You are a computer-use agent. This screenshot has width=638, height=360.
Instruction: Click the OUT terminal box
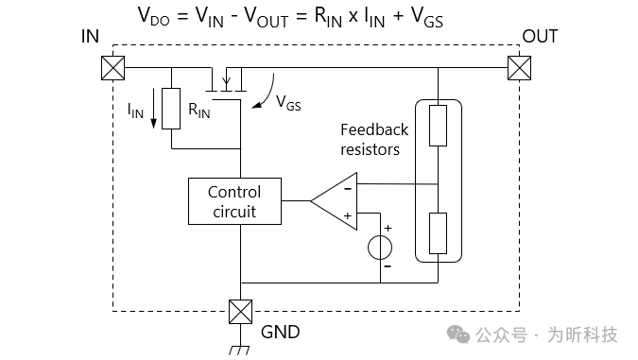[x=519, y=68]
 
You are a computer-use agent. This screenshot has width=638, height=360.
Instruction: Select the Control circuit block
[x=234, y=201]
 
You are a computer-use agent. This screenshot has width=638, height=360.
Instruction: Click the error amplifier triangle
[x=336, y=200]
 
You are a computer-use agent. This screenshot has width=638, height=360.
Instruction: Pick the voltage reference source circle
[x=381, y=248]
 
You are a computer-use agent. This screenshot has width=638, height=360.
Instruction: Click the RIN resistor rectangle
[x=171, y=108]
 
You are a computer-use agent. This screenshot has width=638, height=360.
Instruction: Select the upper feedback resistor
[x=438, y=126]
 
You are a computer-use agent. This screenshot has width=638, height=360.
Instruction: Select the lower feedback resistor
[x=438, y=233]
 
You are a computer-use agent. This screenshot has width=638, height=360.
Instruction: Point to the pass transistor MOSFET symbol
[x=228, y=82]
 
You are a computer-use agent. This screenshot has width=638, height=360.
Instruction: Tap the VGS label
[x=288, y=105]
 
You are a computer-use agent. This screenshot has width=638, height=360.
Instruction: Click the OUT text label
[x=540, y=37]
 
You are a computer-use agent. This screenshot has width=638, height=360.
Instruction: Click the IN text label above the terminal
[x=91, y=37]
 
